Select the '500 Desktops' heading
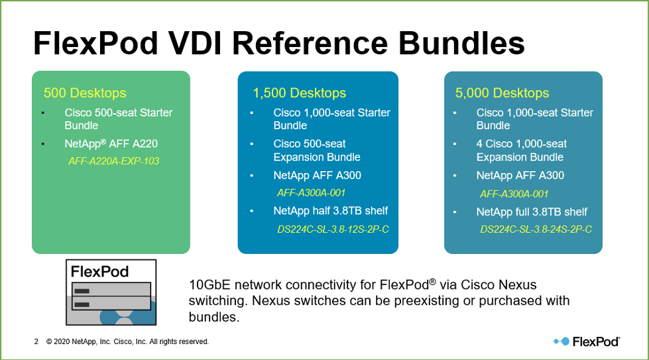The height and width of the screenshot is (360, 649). coord(85,93)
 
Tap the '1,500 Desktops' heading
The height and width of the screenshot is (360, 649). coord(299,93)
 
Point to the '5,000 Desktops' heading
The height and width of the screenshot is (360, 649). coord(502,93)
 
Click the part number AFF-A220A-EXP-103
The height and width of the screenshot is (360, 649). coord(113,161)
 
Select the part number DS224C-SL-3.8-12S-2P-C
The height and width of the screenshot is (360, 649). coord(333,229)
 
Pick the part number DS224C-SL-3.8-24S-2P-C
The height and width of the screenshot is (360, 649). coord(536,229)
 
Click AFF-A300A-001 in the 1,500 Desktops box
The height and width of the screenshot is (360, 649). coord(311,193)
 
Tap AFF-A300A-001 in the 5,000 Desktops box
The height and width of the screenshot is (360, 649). coord(514,194)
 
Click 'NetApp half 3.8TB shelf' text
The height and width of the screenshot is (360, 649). coord(331,211)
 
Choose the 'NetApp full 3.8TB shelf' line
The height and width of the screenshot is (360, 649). coord(532,212)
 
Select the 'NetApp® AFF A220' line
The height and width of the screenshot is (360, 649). coord(111,143)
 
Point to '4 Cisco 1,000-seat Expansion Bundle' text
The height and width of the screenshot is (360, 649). coord(521,150)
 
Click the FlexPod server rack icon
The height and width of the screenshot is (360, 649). coord(111,292)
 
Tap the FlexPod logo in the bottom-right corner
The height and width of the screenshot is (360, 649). coord(587,341)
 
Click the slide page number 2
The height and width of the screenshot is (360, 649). coord(36,342)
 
